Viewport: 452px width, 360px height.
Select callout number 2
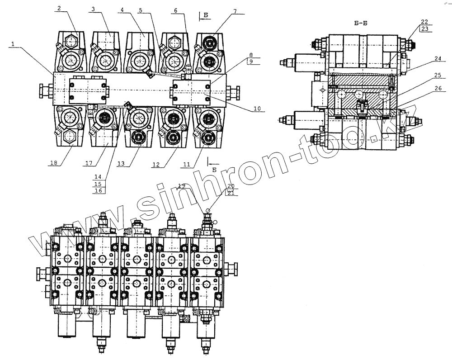[59, 8]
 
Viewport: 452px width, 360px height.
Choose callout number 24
[425, 58]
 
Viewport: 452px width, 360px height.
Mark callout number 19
[182, 185]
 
